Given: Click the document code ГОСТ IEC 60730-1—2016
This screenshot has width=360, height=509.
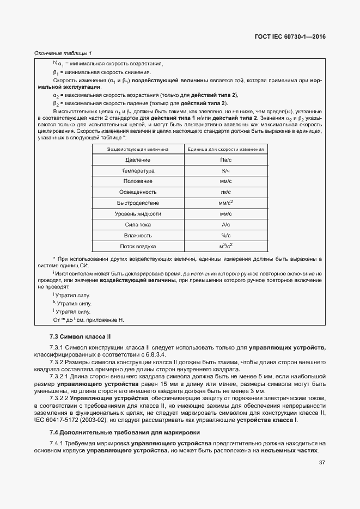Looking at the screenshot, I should [295, 38].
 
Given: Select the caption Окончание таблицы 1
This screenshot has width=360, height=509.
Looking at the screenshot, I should [63, 53].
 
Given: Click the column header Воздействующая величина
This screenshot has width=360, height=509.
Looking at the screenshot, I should [138, 149].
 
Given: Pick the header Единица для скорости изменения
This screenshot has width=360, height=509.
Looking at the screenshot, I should [225, 149].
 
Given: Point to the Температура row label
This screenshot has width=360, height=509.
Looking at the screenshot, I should [138, 171].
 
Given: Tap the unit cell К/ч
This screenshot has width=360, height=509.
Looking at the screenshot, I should [225, 171].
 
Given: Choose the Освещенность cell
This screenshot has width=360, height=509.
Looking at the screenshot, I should [138, 192].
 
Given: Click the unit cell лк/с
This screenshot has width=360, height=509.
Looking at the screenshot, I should [225, 192].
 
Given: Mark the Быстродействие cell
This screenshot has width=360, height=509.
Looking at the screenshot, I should [138, 203].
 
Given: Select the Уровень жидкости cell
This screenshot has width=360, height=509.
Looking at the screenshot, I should [138, 214].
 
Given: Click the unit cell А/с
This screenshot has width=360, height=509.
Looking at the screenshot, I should [225, 224].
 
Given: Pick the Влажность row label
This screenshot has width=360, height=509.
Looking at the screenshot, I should [138, 235].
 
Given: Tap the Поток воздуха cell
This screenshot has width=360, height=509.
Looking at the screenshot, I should [138, 246].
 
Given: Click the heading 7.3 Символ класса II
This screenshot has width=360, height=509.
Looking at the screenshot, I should [80, 337].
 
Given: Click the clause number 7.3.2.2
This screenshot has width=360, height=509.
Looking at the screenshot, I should [61, 398].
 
